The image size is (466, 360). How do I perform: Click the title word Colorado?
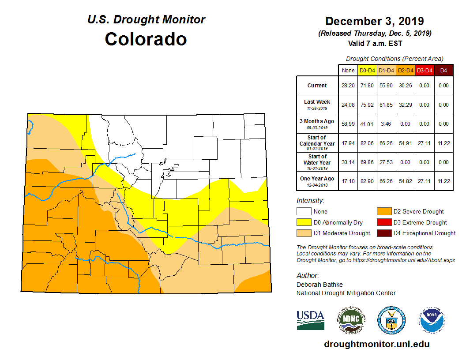click(x=146, y=39)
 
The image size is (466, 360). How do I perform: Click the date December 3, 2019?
click(x=374, y=21)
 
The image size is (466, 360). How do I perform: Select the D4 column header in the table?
click(x=443, y=70)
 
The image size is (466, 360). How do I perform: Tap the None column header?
click(x=348, y=70)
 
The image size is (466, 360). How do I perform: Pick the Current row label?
click(x=317, y=86)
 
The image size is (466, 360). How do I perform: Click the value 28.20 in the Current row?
click(x=348, y=86)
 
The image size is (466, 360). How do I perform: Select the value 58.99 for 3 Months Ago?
click(x=348, y=124)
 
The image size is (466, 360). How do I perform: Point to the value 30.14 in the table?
click(x=348, y=162)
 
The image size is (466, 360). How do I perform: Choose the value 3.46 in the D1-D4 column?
click(x=387, y=124)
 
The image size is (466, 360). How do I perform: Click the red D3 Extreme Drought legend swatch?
click(x=383, y=222)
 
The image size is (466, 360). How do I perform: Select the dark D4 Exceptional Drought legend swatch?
click(x=383, y=233)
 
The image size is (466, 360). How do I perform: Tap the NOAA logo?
click(x=432, y=320)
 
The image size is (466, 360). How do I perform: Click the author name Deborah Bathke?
click(x=319, y=285)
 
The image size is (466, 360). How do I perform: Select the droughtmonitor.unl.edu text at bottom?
click(x=376, y=344)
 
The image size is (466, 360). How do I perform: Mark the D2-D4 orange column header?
click(x=406, y=70)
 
